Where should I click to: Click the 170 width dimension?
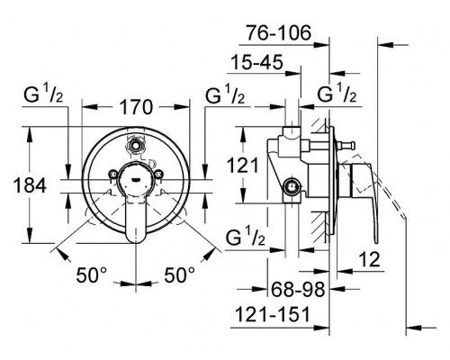coord(136,107)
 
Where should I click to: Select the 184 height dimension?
coord(30,185)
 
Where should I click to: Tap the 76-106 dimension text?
coord(279,32)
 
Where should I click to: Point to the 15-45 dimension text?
coord(256,62)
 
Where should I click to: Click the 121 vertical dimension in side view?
coord(242,165)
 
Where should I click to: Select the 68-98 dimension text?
coord(298,289)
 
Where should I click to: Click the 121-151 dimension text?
coord(272,314)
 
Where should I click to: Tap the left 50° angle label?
coord(92,274)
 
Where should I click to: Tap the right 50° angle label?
coord(179,274)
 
